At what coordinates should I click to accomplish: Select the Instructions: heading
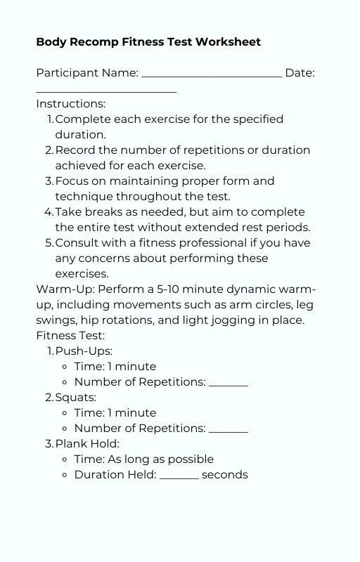71,104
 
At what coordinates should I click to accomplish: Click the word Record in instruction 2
76,150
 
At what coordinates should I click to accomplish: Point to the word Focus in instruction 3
73,181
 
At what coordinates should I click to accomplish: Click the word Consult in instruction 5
78,243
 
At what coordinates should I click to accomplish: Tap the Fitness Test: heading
70,336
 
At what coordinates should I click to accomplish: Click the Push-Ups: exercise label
84,351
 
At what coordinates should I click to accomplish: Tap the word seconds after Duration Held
225,475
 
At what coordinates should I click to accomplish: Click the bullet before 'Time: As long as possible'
65,459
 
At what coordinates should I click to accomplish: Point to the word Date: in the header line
300,73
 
